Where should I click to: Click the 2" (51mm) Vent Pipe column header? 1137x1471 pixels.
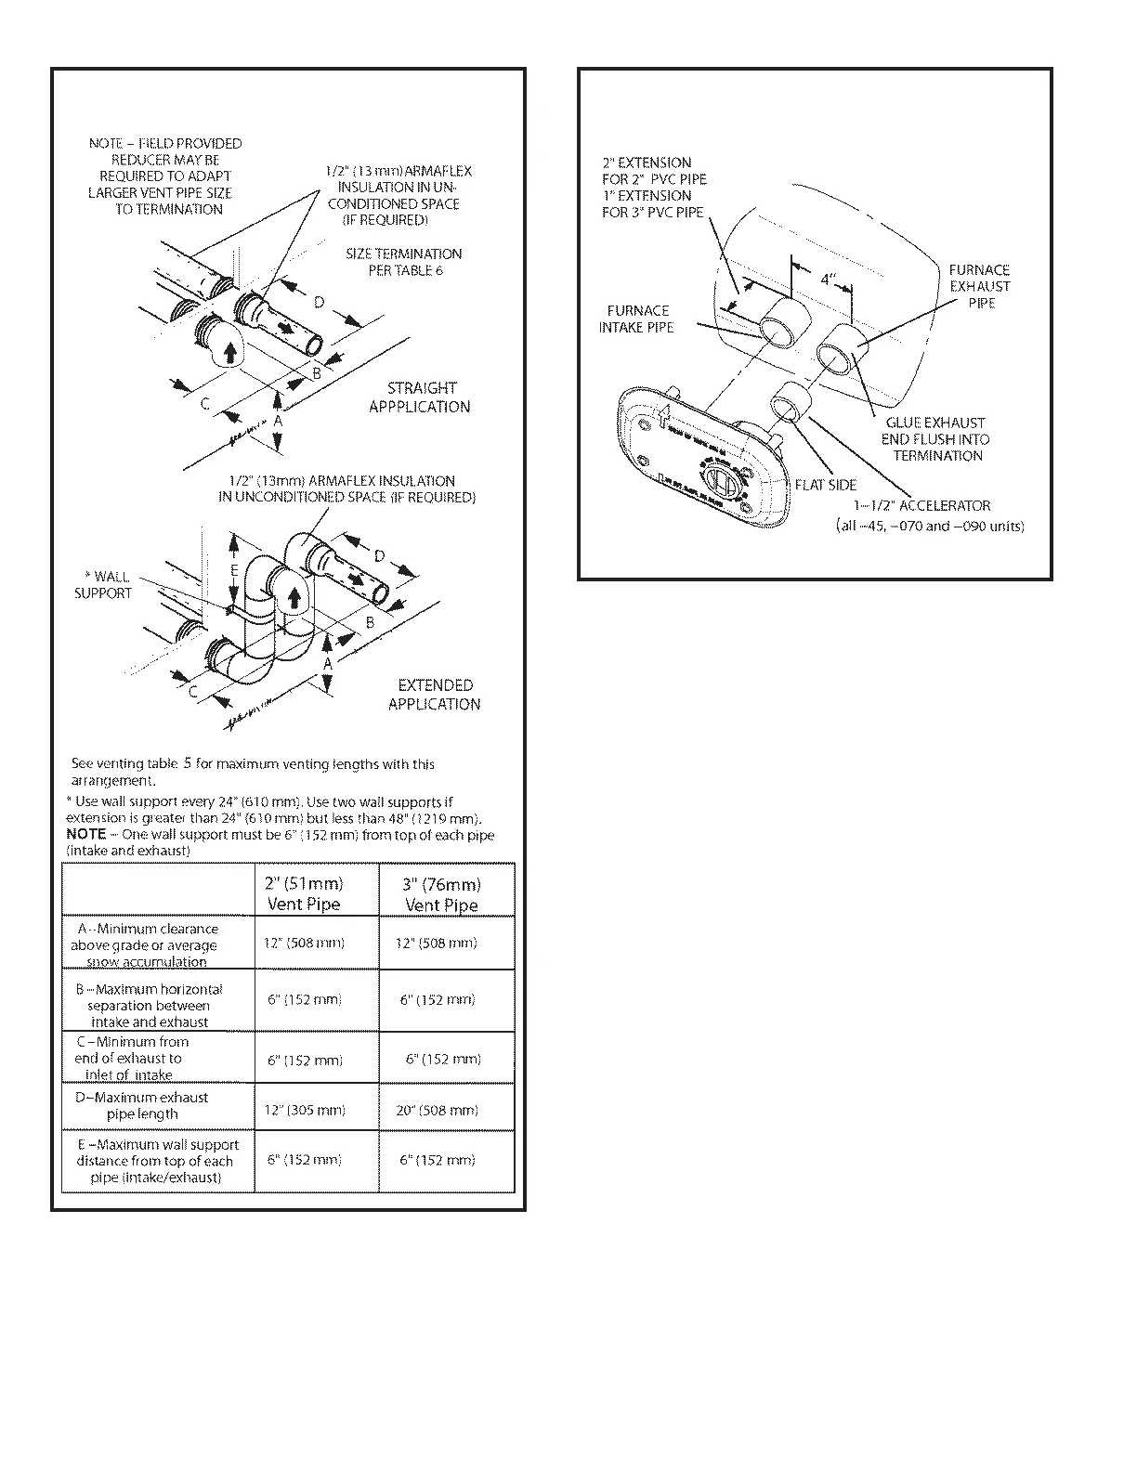(305, 893)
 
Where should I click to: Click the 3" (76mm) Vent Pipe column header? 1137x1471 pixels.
(441, 894)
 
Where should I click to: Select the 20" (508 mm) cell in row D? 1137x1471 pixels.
(437, 1110)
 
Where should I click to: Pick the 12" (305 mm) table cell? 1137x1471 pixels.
(305, 1110)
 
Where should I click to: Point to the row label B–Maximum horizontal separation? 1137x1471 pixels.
(150, 1006)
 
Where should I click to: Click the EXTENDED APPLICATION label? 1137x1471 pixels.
(434, 695)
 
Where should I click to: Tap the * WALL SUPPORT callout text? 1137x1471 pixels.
(103, 585)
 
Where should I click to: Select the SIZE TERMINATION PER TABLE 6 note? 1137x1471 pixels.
(404, 262)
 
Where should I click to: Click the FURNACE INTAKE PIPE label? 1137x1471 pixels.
(637, 319)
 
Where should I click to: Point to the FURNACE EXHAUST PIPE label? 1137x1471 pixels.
(980, 286)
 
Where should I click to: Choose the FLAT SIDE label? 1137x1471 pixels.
(826, 485)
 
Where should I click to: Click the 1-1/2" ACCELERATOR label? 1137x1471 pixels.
(922, 506)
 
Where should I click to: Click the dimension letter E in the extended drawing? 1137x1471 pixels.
(235, 570)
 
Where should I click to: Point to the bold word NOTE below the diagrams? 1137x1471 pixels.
(86, 834)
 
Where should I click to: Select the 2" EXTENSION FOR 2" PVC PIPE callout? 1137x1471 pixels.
(654, 171)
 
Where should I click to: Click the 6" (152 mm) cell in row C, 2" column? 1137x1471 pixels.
(305, 1060)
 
